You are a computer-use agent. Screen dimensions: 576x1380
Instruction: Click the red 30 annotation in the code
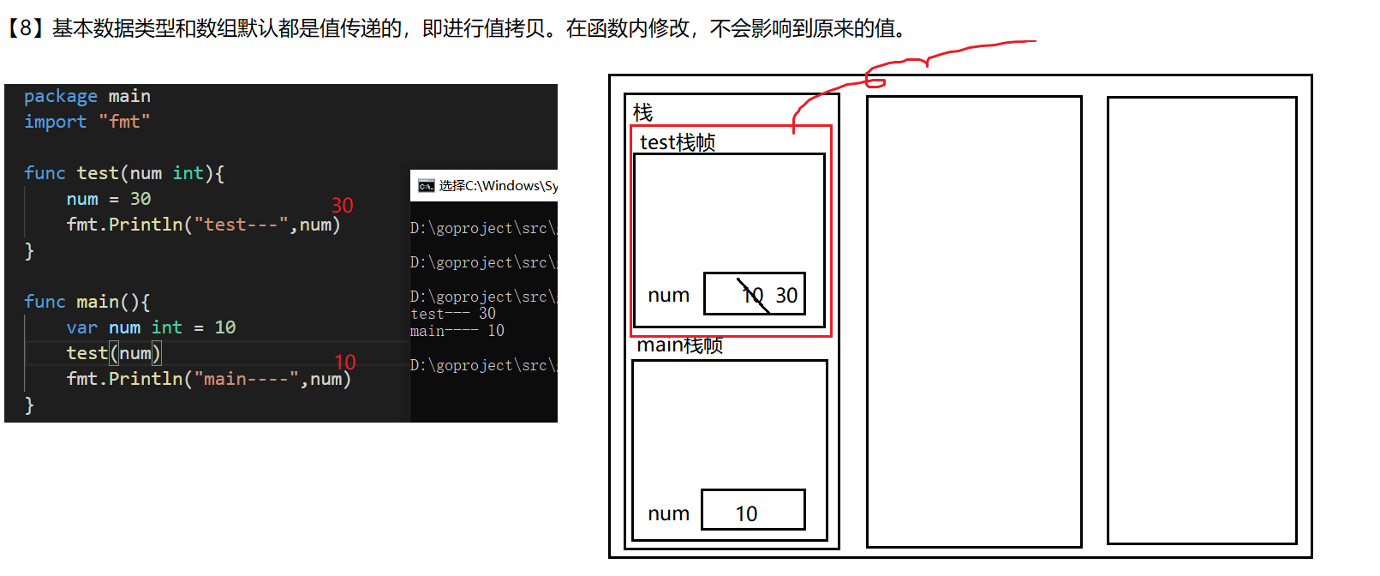click(342, 206)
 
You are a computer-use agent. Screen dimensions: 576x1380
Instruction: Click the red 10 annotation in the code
click(344, 363)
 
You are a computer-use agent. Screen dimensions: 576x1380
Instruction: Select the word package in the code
click(60, 96)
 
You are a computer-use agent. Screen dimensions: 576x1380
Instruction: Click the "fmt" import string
click(124, 122)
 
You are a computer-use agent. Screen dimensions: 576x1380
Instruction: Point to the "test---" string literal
click(241, 225)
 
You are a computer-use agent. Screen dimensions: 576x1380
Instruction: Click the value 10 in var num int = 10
click(224, 327)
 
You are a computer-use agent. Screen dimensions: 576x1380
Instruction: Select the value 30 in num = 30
click(140, 199)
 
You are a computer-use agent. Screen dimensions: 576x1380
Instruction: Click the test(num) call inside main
click(113, 353)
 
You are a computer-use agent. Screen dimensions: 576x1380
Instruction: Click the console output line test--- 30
click(452, 314)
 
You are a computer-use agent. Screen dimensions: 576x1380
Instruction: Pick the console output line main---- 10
click(457, 331)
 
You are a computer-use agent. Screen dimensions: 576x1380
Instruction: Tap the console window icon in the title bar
click(426, 186)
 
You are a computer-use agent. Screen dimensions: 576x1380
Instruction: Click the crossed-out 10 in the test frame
click(752, 296)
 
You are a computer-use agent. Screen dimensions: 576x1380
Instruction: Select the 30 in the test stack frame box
click(786, 296)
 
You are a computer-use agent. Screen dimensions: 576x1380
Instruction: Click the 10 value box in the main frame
click(752, 511)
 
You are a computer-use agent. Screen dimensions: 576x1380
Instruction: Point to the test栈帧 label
click(677, 142)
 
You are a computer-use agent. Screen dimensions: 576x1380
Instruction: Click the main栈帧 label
click(679, 345)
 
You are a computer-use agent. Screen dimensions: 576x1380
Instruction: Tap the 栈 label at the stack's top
click(642, 112)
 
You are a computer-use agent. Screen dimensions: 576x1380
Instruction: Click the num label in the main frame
click(668, 513)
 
